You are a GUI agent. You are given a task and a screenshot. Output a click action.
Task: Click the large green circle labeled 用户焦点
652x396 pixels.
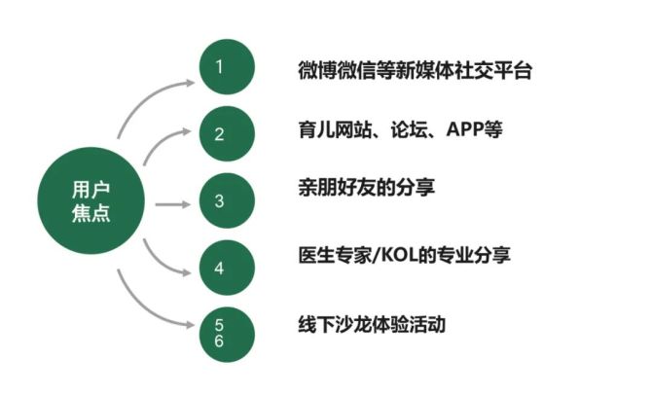click(x=91, y=200)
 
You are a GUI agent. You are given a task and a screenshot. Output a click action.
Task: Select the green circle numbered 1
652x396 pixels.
click(x=227, y=66)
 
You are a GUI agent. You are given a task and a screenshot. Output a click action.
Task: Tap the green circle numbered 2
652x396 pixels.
click(x=227, y=134)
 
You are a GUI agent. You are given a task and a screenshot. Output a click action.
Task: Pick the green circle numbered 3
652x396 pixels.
click(x=227, y=200)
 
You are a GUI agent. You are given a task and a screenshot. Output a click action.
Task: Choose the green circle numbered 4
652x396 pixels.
click(x=227, y=268)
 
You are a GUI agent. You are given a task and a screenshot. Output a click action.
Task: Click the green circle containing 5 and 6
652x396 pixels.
click(x=227, y=335)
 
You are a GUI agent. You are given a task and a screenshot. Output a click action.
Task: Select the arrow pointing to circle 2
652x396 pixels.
click(x=162, y=141)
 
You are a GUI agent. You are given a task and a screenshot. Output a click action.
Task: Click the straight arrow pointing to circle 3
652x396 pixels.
click(x=172, y=204)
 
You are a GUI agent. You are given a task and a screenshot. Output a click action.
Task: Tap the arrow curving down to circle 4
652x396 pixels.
click(x=161, y=263)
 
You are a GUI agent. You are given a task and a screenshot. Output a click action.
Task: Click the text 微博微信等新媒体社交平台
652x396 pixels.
click(x=415, y=70)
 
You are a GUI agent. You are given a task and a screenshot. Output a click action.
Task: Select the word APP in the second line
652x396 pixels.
click(x=464, y=129)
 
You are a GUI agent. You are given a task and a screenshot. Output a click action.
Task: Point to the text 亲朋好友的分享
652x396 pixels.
click(x=366, y=187)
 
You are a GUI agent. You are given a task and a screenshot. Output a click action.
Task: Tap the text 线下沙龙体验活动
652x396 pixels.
click(x=372, y=324)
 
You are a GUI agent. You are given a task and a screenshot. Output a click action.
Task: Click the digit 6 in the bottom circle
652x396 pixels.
click(x=219, y=342)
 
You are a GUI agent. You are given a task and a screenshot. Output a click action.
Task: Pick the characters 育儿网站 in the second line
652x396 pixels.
click(x=335, y=129)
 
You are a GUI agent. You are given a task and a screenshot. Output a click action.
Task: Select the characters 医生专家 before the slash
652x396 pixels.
click(x=335, y=255)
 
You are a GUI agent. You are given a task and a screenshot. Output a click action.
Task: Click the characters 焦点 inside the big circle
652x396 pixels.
click(x=91, y=213)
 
